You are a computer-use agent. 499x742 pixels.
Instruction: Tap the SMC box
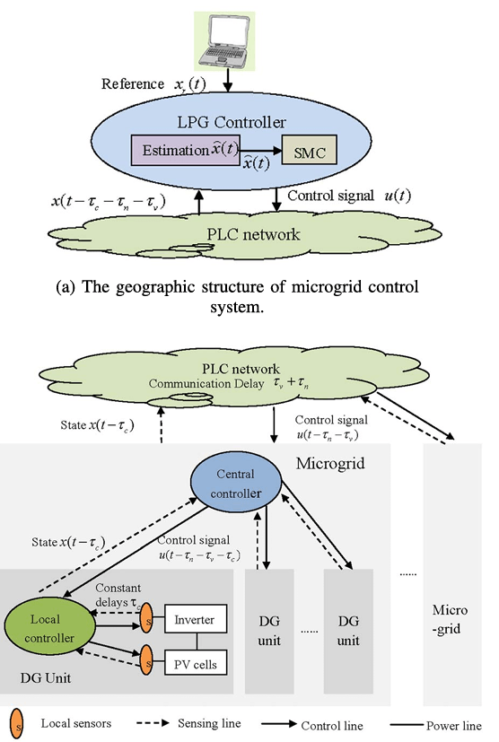[308, 151]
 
